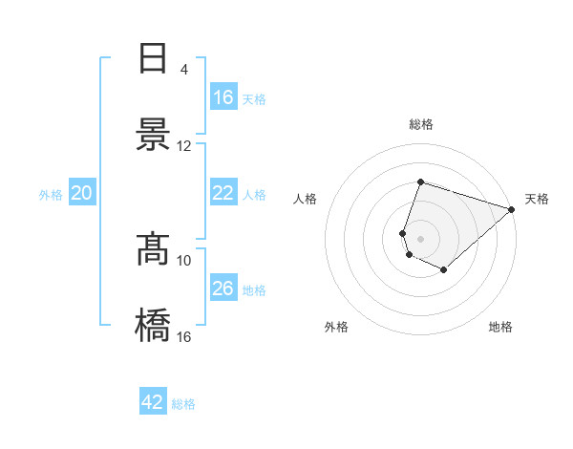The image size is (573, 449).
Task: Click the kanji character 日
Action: [154, 58]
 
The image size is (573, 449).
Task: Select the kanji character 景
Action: [154, 134]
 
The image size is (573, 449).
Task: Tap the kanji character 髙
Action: [154, 249]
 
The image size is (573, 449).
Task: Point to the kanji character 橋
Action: [154, 325]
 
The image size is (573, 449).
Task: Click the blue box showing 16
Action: [223, 97]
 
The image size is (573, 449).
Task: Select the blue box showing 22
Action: [223, 193]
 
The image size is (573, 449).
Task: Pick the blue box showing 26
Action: [223, 289]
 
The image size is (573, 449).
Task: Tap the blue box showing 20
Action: [82, 193]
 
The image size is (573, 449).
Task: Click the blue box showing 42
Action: [153, 402]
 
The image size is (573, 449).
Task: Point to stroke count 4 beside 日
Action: [184, 69]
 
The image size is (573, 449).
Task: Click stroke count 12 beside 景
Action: [184, 145]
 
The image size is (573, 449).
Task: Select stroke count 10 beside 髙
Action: [184, 260]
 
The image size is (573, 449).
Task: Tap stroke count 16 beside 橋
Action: [184, 336]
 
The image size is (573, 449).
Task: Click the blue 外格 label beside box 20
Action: [51, 194]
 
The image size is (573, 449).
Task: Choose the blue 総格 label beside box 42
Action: [183, 404]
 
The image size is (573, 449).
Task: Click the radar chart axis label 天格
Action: [537, 199]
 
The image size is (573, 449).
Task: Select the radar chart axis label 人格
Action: [306, 199]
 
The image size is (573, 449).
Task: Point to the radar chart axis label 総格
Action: [421, 124]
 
